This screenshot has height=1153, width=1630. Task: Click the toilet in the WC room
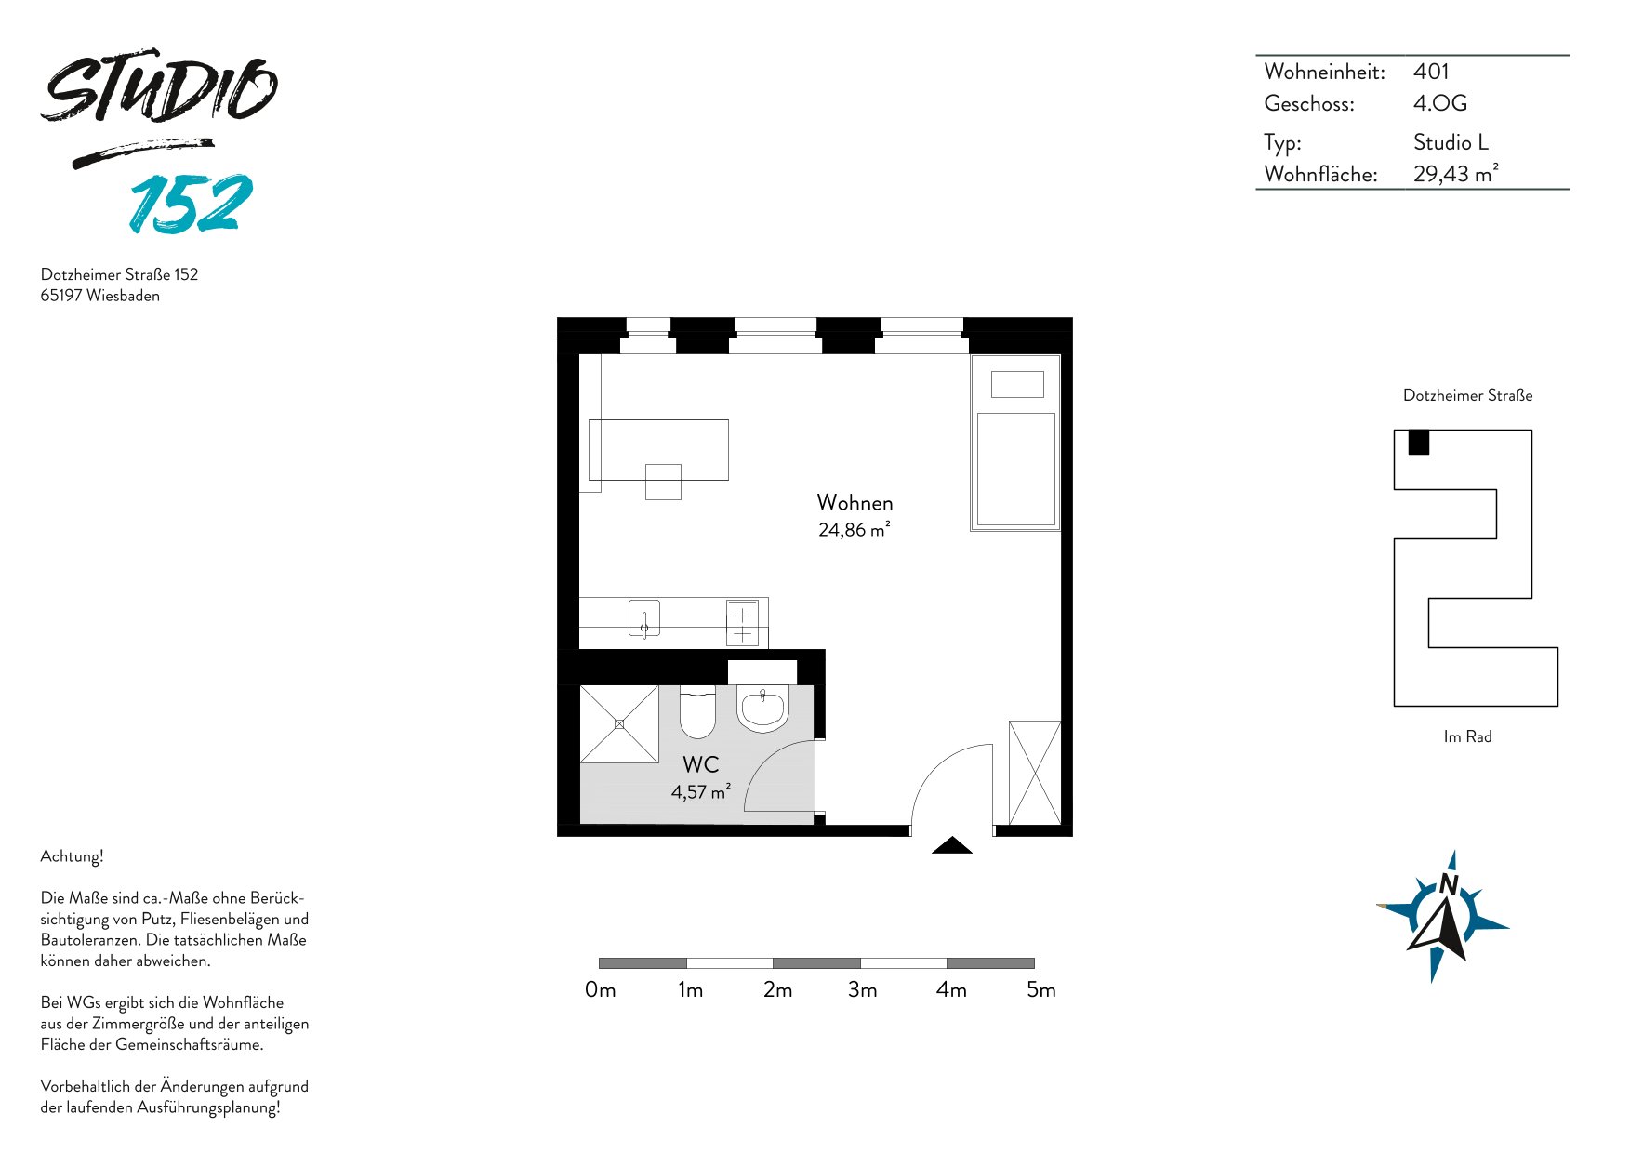coord(696,711)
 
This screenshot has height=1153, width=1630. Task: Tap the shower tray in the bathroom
coord(619,724)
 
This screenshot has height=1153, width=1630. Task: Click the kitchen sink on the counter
coord(644,618)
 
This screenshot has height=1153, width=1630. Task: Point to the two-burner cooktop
coord(742,622)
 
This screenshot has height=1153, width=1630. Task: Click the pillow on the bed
coord(1017,384)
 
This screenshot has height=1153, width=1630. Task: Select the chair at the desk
coord(663,482)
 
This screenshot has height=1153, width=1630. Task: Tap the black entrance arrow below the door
coord(952,845)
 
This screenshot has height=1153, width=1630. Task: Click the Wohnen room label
coord(855,503)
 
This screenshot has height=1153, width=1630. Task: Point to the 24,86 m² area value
coord(854,530)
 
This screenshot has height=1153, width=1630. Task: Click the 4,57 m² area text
coord(700,792)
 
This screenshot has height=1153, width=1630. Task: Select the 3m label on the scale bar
coord(863,990)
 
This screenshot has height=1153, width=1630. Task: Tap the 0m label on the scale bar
coord(601,990)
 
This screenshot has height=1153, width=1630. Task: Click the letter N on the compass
coord(1448,884)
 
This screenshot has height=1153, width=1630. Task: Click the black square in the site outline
coord(1418,442)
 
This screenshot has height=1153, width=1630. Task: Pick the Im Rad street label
coord(1467,736)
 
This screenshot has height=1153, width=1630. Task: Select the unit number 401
coord(1431,72)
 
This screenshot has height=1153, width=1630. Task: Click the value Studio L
coord(1451,142)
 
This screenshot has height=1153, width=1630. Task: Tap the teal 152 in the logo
coord(191,204)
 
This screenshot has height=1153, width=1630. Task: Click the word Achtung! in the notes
coord(72,856)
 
